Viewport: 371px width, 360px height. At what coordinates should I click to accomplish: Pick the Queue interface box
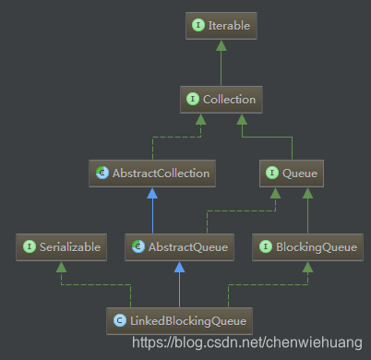(x=292, y=172)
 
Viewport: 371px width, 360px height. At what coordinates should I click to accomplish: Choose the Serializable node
(x=57, y=246)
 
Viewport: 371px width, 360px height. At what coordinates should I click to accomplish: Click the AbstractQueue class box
(x=179, y=246)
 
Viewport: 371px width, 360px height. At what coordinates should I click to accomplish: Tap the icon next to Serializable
(x=29, y=246)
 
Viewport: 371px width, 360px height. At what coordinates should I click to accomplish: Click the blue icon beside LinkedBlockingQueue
(x=120, y=320)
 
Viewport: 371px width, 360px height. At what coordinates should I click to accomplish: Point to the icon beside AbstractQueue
(x=138, y=246)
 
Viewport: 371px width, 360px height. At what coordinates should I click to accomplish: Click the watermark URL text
(x=246, y=343)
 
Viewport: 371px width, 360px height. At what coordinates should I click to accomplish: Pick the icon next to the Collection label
(x=191, y=99)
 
